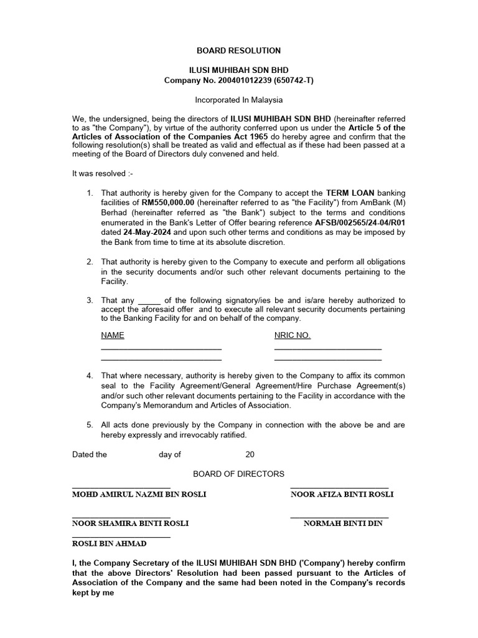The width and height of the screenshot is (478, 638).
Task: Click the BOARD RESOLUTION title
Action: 239,50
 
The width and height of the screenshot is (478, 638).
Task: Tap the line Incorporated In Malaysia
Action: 239,100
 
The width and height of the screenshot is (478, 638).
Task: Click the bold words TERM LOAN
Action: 350,193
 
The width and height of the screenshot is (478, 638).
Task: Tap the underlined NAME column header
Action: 113,335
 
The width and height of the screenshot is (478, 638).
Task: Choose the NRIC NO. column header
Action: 292,335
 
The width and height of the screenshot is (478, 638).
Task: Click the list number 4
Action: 90,376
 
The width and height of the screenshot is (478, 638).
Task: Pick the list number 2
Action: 90,262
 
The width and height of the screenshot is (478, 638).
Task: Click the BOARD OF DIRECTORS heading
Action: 238,474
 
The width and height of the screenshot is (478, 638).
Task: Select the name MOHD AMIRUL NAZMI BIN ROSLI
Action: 139,494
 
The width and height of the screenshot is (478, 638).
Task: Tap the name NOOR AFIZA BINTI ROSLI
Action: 342,494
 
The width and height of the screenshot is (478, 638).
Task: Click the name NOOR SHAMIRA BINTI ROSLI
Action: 131,523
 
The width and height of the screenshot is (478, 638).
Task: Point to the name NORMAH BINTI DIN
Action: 343,523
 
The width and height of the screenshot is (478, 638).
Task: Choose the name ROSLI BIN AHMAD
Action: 110,543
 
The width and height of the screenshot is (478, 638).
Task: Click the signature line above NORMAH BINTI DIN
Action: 339,517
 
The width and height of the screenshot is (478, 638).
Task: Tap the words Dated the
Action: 90,454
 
